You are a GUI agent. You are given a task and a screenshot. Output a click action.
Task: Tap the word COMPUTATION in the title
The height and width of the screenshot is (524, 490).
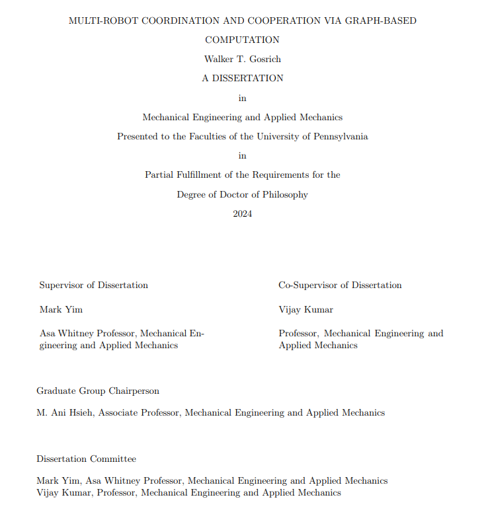(242, 40)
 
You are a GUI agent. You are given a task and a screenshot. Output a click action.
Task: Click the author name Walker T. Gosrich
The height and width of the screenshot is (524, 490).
(242, 59)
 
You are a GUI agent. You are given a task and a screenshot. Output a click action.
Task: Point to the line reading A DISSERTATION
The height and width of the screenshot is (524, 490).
(242, 78)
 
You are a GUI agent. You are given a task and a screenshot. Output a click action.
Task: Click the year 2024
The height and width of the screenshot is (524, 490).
(242, 214)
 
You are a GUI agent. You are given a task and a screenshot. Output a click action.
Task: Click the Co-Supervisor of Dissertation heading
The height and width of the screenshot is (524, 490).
(340, 285)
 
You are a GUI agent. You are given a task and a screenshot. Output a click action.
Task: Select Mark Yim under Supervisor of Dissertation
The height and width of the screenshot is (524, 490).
(61, 309)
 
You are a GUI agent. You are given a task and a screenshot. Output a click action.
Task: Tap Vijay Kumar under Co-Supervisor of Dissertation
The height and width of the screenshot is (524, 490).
(306, 309)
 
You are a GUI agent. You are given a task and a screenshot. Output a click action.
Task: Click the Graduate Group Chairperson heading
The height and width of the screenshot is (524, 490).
(98, 391)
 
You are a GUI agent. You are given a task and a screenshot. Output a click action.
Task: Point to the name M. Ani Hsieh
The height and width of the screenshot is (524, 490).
(66, 413)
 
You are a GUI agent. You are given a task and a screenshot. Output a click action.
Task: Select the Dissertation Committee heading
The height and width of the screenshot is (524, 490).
(86, 459)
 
